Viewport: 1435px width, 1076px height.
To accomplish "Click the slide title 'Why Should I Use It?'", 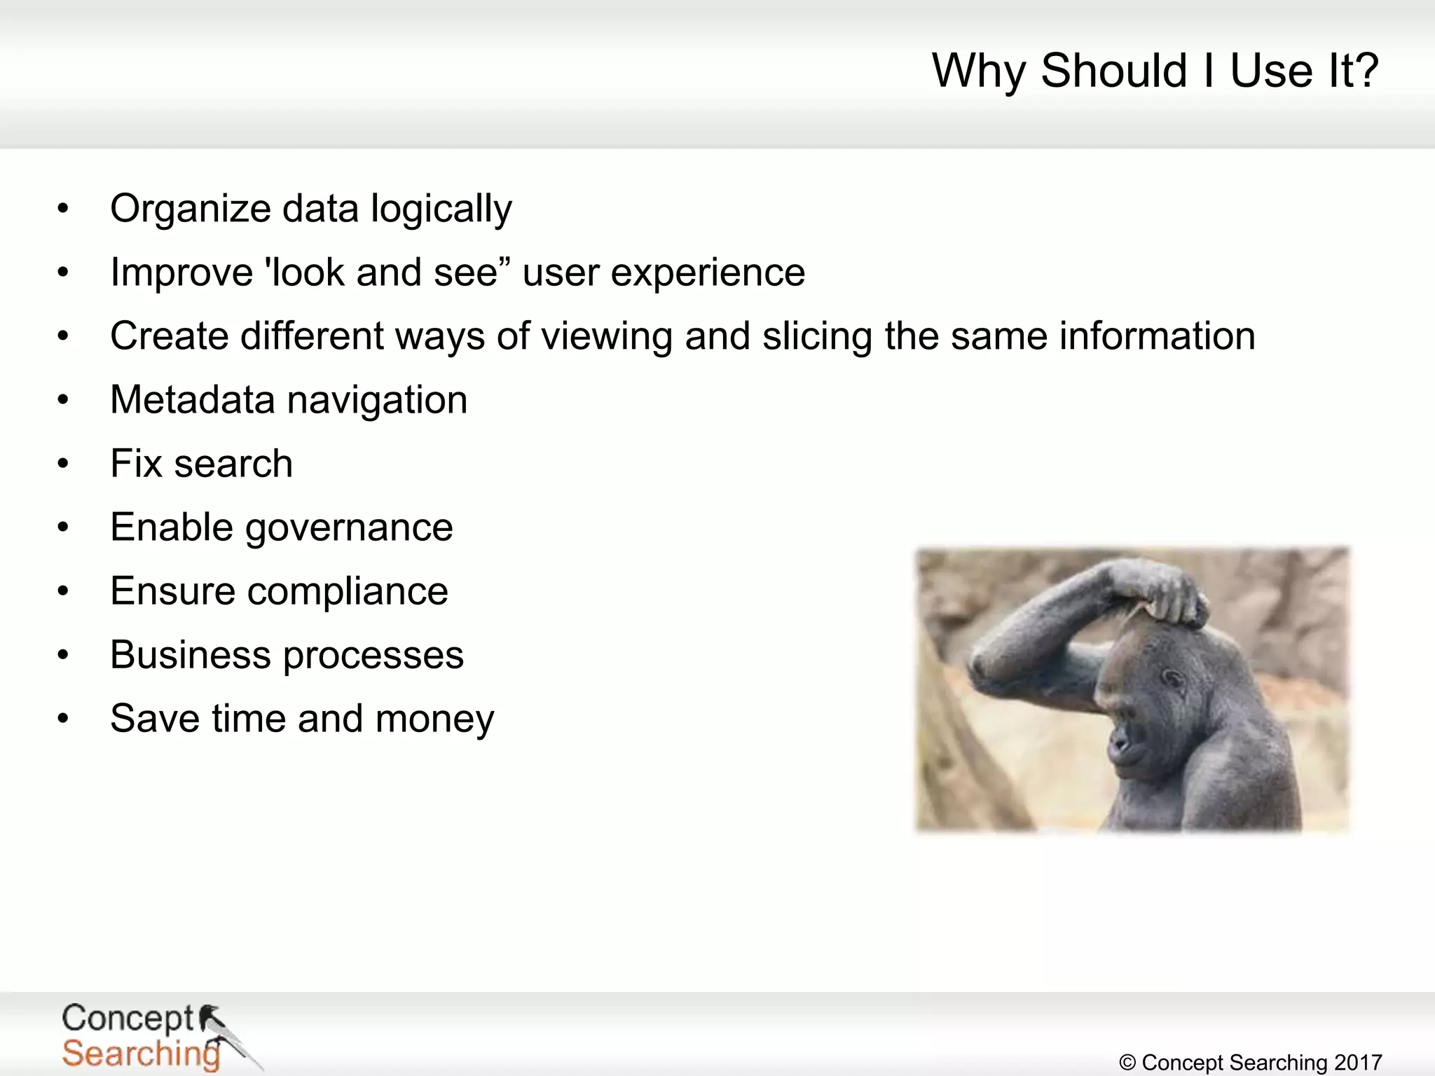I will click(1155, 71).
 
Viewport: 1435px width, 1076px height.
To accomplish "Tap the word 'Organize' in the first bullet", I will click(190, 209).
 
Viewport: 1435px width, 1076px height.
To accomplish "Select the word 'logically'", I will click(441, 209).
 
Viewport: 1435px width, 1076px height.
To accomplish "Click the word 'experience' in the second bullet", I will click(707, 273).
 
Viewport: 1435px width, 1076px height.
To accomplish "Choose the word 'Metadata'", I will click(192, 400).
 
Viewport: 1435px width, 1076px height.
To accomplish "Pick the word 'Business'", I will click(190, 655).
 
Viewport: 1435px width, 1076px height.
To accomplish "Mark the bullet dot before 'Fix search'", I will click(63, 463).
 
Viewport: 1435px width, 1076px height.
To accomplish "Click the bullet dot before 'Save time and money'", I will click(63, 718).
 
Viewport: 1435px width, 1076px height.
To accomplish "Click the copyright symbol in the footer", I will click(1127, 1063).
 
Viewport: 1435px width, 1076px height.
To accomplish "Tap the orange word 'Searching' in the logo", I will click(140, 1054).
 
